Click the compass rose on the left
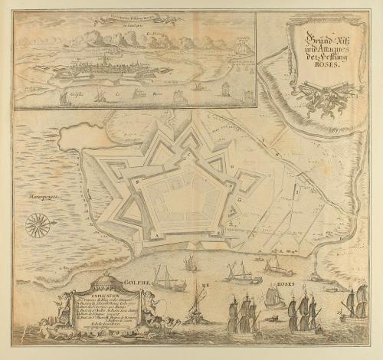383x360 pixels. [35, 224]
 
